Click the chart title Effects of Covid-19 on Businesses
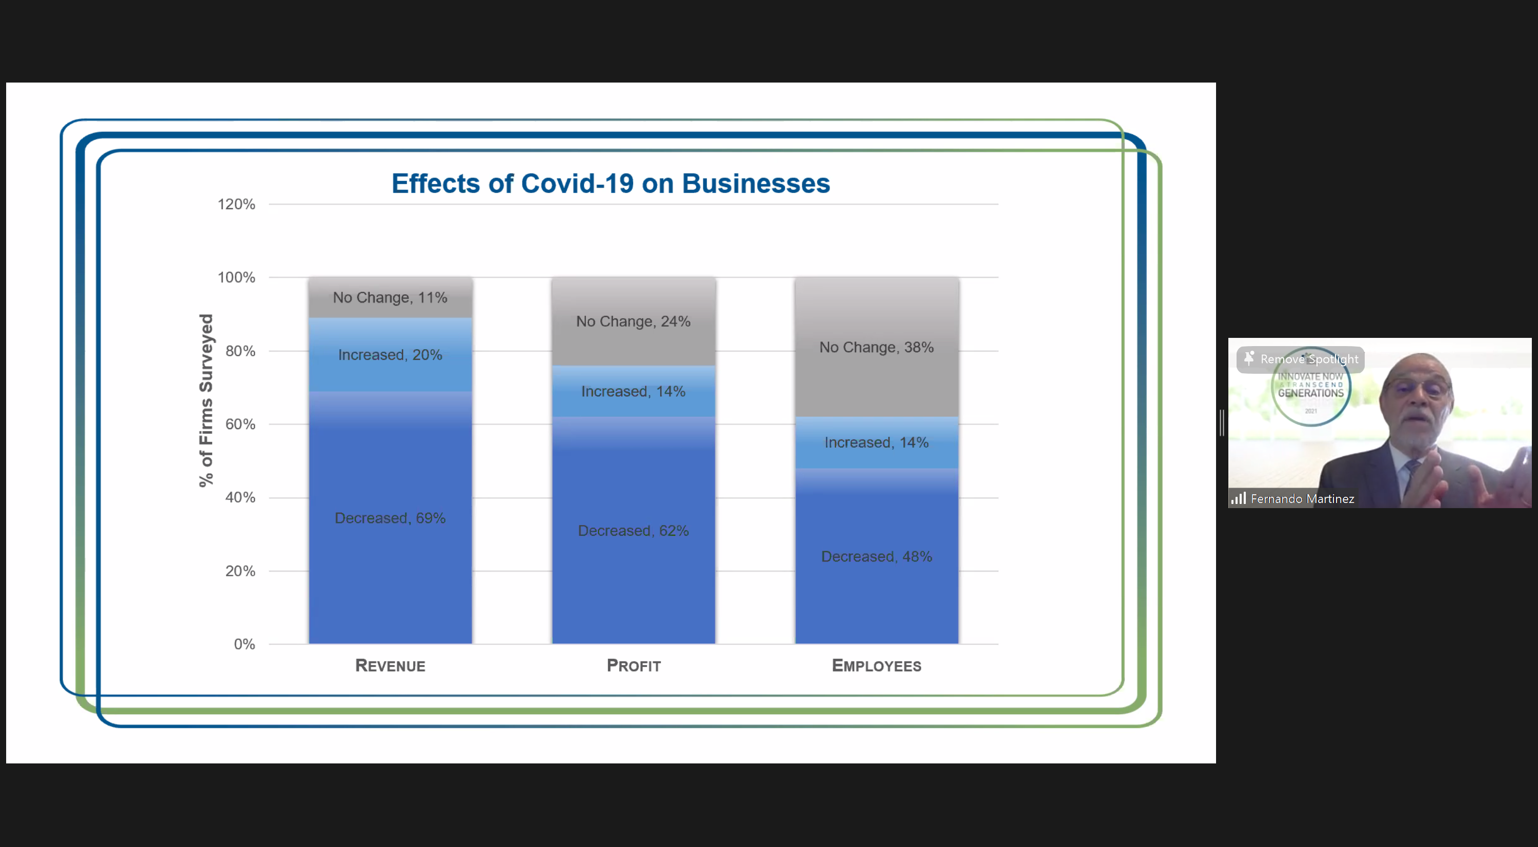610,183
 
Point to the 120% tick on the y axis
236,205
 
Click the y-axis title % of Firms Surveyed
206,400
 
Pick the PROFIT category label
634,665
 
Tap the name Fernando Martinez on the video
1302,499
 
